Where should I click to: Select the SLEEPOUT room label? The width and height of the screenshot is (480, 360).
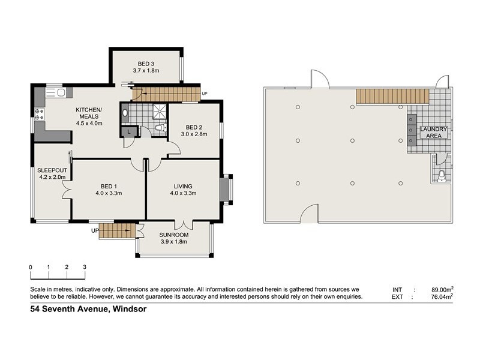click(x=50, y=170)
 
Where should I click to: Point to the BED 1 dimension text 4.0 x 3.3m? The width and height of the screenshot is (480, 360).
click(x=108, y=193)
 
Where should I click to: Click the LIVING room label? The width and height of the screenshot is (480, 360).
click(x=183, y=186)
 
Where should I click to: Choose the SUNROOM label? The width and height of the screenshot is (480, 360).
click(x=174, y=235)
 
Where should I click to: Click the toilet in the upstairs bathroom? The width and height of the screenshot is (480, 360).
click(x=158, y=128)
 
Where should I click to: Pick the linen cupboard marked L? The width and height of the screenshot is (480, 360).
click(x=130, y=131)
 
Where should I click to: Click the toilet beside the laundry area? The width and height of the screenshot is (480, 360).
click(x=442, y=175)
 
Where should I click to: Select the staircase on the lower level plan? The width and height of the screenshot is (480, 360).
click(x=392, y=95)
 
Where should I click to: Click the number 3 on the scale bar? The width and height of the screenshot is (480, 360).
click(x=85, y=267)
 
